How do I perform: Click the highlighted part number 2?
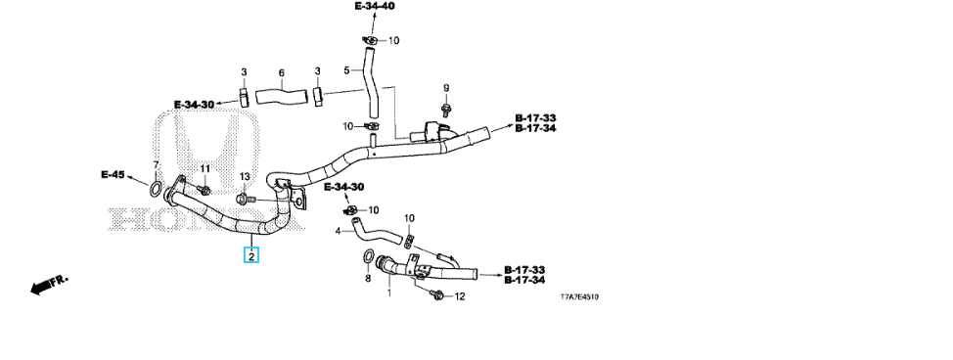251,255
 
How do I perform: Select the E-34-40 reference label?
375,6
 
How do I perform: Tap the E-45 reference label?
113,174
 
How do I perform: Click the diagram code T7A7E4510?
580,297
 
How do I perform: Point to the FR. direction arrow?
49,285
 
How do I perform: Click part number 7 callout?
156,165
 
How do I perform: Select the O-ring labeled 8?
368,258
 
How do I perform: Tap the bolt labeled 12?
435,294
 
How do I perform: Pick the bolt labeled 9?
445,111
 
